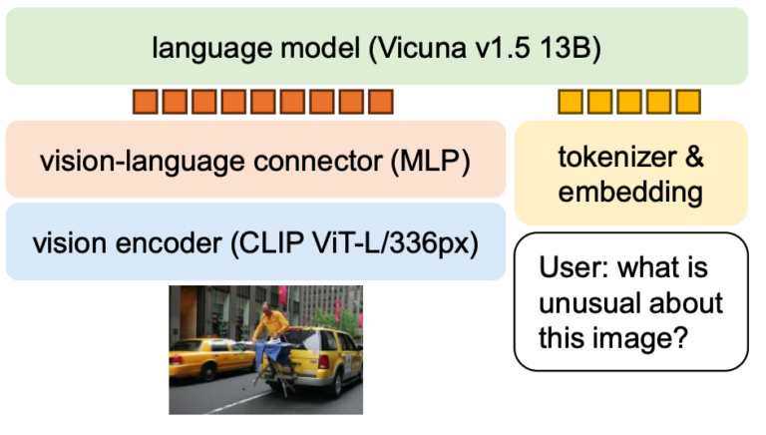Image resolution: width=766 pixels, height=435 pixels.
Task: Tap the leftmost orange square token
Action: pos(145,101)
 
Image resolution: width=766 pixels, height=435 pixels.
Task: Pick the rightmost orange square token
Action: pos(381,101)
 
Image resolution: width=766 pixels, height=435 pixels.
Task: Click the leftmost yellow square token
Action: pos(570,101)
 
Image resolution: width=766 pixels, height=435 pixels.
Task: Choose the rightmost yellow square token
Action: pos(688,101)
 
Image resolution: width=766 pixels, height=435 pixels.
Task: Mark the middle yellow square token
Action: pos(629,101)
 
